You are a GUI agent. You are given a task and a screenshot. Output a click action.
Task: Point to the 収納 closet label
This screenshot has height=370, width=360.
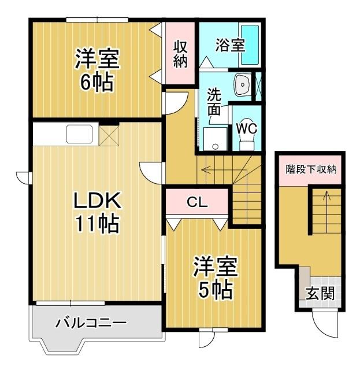point(180,53)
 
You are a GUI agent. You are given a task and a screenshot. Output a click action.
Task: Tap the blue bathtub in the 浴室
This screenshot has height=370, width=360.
point(250,45)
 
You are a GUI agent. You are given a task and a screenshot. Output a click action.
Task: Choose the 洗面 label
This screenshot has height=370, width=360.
point(214,102)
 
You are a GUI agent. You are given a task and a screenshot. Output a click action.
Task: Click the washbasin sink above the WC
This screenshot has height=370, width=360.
point(242,86)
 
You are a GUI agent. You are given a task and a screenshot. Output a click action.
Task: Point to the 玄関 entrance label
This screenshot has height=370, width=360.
point(320,293)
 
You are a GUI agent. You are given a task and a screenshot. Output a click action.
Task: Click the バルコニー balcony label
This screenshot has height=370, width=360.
point(91,323)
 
